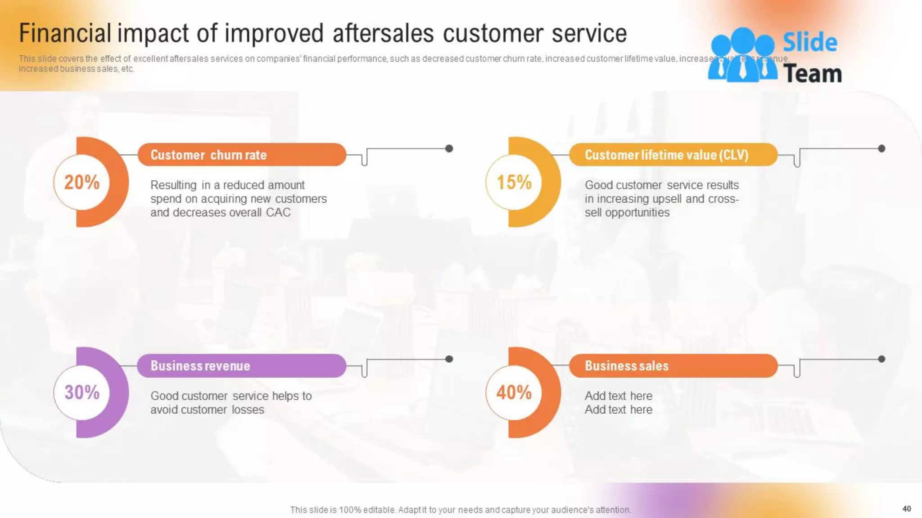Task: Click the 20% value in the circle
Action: (81, 182)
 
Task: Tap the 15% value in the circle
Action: (514, 182)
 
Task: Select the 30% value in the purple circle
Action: (81, 392)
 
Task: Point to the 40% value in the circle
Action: (514, 392)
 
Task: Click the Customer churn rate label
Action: (208, 155)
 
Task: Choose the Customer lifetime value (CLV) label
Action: (666, 155)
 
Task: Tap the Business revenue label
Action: (200, 366)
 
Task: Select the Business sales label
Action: (627, 366)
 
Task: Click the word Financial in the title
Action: (65, 33)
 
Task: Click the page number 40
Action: (907, 509)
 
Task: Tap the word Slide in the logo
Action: (809, 43)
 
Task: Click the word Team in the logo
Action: (813, 73)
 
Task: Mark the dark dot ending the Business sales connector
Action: (881, 359)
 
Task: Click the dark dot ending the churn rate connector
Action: (449, 148)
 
